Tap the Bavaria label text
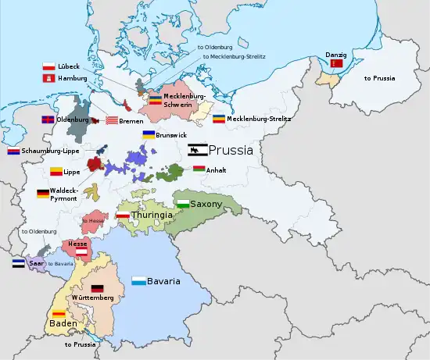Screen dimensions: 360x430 point(164,280)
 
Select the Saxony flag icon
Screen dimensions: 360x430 point(183,204)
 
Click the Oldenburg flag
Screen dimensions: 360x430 point(47,119)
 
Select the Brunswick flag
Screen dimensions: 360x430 point(148,135)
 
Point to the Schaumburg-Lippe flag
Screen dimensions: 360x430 point(13,151)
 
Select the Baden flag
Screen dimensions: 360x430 point(58,313)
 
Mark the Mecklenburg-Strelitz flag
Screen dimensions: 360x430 point(219,119)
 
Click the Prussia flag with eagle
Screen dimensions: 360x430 point(196,151)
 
